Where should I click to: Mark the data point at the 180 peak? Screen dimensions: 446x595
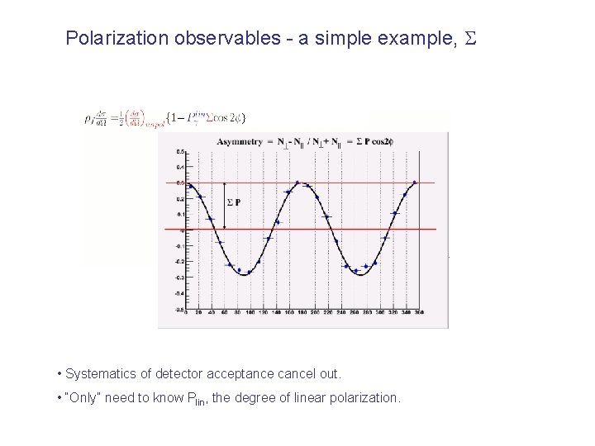tap(300, 183)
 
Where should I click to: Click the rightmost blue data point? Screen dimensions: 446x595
tap(414, 183)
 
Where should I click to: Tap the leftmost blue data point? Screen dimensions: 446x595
tap(190, 186)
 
